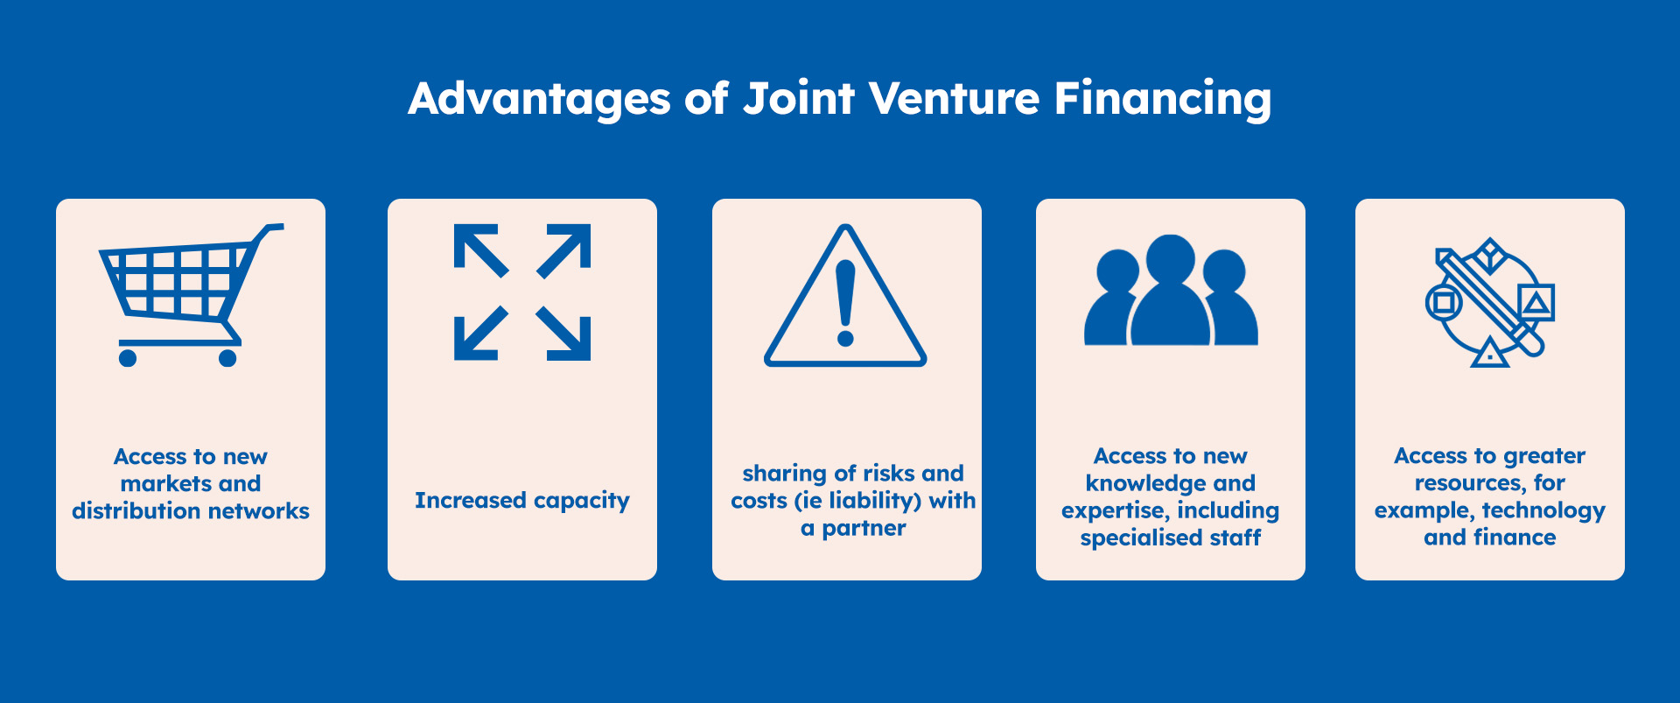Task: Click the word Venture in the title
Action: pos(955,98)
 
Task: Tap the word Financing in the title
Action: pos(1163,100)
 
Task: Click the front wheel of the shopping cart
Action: pos(128,357)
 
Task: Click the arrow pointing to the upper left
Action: pos(480,250)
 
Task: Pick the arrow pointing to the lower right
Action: pos(563,334)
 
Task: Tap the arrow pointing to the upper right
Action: pos(563,250)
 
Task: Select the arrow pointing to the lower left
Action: pos(480,334)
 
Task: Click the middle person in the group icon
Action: pos(1171,290)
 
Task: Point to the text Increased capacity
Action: pos(522,501)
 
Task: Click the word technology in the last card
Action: pos(1543,511)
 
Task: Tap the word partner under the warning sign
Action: pos(864,529)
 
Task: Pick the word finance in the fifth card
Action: pos(1515,538)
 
